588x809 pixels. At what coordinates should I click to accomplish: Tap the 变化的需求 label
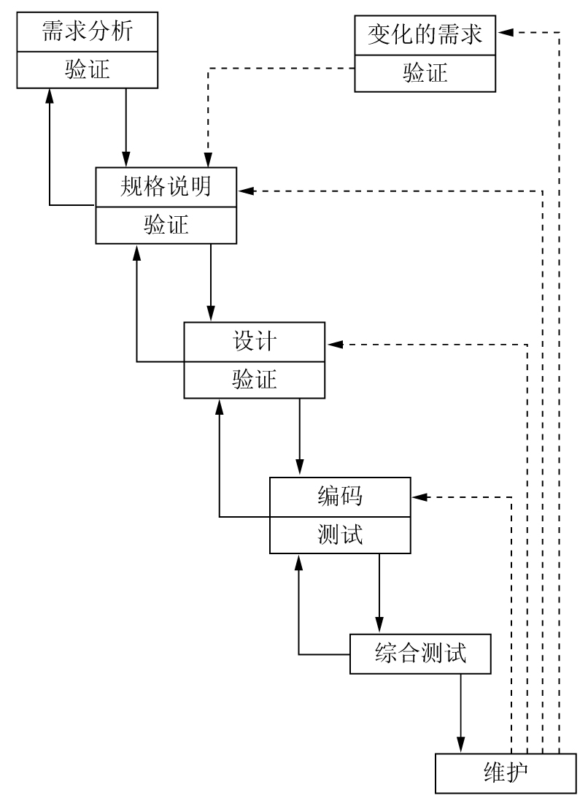[425, 34]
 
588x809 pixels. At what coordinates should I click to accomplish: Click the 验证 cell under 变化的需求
[425, 72]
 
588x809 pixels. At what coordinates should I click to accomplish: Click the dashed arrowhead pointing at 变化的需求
[506, 32]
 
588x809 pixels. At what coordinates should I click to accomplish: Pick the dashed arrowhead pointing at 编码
[419, 497]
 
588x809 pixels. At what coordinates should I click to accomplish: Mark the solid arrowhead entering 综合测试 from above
[379, 627]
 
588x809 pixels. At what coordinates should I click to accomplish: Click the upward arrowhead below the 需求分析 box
[50, 94]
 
